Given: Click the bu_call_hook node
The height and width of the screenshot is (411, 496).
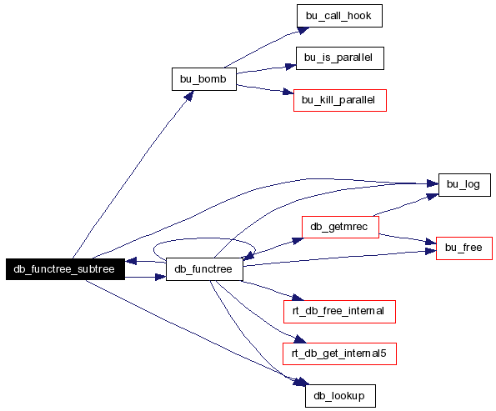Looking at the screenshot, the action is (x=339, y=16).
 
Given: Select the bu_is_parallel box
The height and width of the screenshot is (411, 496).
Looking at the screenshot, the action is (x=340, y=58).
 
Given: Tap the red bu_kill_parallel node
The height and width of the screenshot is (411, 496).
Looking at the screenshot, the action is (x=340, y=100).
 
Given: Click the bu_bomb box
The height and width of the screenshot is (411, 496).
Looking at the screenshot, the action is (x=204, y=79).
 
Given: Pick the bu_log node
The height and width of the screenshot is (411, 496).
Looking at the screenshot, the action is (x=464, y=185).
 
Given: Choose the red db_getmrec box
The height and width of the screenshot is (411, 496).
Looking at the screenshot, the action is (x=340, y=227).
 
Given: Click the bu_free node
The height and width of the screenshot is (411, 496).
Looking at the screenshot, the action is (x=464, y=248).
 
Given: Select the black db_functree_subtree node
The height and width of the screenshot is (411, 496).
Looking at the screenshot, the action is (x=65, y=269).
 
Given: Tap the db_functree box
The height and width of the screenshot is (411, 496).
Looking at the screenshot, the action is (x=204, y=269).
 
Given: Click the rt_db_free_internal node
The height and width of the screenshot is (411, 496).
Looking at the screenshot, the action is (x=339, y=312).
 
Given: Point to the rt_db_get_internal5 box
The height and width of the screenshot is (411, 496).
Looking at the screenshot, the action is (x=339, y=353).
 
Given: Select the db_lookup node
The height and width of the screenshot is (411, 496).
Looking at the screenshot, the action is (x=340, y=396).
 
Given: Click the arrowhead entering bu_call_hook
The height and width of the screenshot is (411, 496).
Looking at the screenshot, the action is (x=303, y=30).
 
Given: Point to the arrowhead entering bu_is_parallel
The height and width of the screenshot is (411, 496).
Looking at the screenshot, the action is (x=290, y=67).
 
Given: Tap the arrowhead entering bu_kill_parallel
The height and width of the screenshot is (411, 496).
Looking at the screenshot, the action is (x=288, y=92).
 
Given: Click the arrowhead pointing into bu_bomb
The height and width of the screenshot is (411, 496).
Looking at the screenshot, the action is (x=189, y=96).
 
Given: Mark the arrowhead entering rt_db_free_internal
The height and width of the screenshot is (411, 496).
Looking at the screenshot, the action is (x=298, y=298).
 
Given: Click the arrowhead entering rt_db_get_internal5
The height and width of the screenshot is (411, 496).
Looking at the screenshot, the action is (x=300, y=339).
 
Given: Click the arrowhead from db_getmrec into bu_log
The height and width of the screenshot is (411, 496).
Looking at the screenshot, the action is (x=432, y=197).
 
